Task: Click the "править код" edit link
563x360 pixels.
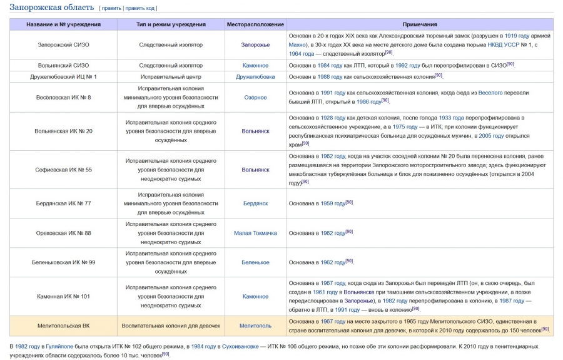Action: coord(141,8)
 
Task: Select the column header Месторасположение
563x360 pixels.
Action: coord(255,24)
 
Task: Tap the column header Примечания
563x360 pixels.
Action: coord(420,24)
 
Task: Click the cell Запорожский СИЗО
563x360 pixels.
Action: coord(63,45)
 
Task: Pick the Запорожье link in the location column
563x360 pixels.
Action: coord(255,45)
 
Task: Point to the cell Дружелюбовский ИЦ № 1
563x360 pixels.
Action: coord(63,76)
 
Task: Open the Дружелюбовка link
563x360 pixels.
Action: coord(255,76)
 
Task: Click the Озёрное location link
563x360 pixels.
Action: coord(255,98)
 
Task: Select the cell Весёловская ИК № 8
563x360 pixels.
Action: coord(63,98)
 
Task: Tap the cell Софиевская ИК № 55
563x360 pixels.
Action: coord(63,170)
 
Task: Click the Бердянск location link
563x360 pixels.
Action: coord(255,203)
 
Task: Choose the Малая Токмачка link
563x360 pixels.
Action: coord(255,233)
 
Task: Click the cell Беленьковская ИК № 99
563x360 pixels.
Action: coord(63,262)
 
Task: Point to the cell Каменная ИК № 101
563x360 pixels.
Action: coord(63,296)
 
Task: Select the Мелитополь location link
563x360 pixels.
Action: coord(255,326)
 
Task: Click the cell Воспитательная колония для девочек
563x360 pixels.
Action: coord(171,326)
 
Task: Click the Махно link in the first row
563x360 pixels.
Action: coord(298,45)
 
